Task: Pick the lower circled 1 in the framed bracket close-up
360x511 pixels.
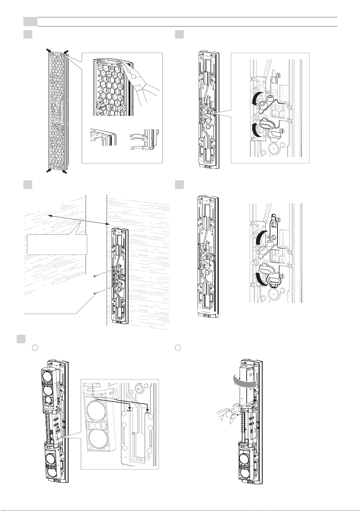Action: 282,131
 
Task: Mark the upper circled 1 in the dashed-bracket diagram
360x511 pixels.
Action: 279,220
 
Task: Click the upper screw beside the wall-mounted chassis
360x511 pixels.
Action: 95,277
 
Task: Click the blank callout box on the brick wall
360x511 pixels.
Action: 57,244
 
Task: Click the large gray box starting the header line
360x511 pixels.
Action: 30,22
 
